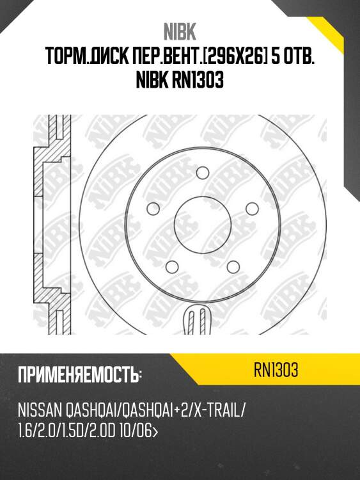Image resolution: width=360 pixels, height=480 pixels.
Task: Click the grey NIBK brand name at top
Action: [180, 32]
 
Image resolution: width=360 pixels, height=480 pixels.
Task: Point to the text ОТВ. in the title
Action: [300, 56]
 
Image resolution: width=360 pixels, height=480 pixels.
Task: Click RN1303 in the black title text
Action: [198, 80]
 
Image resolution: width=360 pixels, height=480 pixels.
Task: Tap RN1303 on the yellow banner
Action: [276, 371]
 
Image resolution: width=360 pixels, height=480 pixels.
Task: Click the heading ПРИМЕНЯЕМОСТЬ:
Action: [80, 374]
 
